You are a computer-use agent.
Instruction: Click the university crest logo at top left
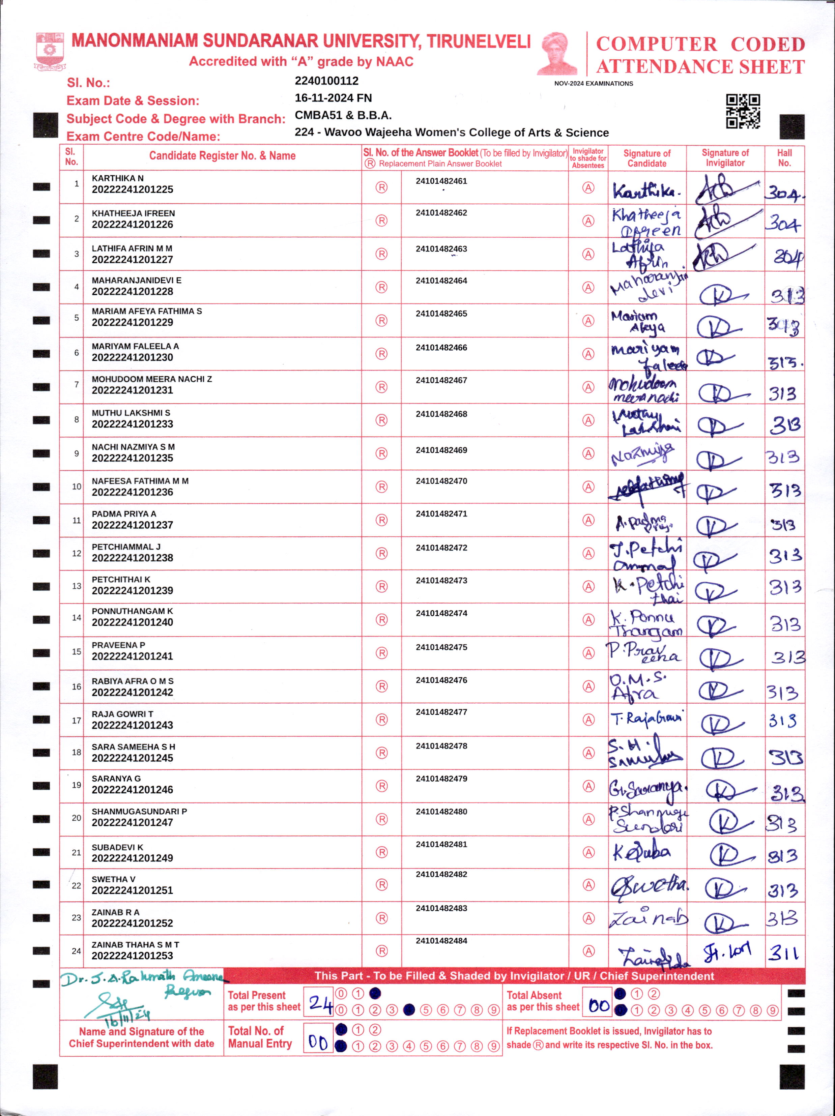pos(50,51)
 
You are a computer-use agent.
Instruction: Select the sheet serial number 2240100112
pos(326,81)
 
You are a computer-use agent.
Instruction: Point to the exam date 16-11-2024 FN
pos(333,98)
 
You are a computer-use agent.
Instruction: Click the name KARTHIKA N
pos(118,178)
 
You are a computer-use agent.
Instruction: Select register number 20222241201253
pos(132,956)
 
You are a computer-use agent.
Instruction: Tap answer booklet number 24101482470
pos(441,481)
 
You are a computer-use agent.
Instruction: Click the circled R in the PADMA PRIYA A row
pos(381,520)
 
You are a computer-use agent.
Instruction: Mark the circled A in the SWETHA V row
pos(588,885)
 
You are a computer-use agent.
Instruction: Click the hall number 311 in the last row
pos(783,952)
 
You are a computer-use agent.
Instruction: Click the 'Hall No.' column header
pos(784,158)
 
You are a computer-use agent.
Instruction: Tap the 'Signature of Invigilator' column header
pos(725,158)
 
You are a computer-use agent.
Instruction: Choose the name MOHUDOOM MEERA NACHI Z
pos(151,379)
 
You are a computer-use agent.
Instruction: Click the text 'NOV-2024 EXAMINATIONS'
pos(593,84)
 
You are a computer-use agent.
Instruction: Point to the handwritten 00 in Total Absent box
pos(599,1005)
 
